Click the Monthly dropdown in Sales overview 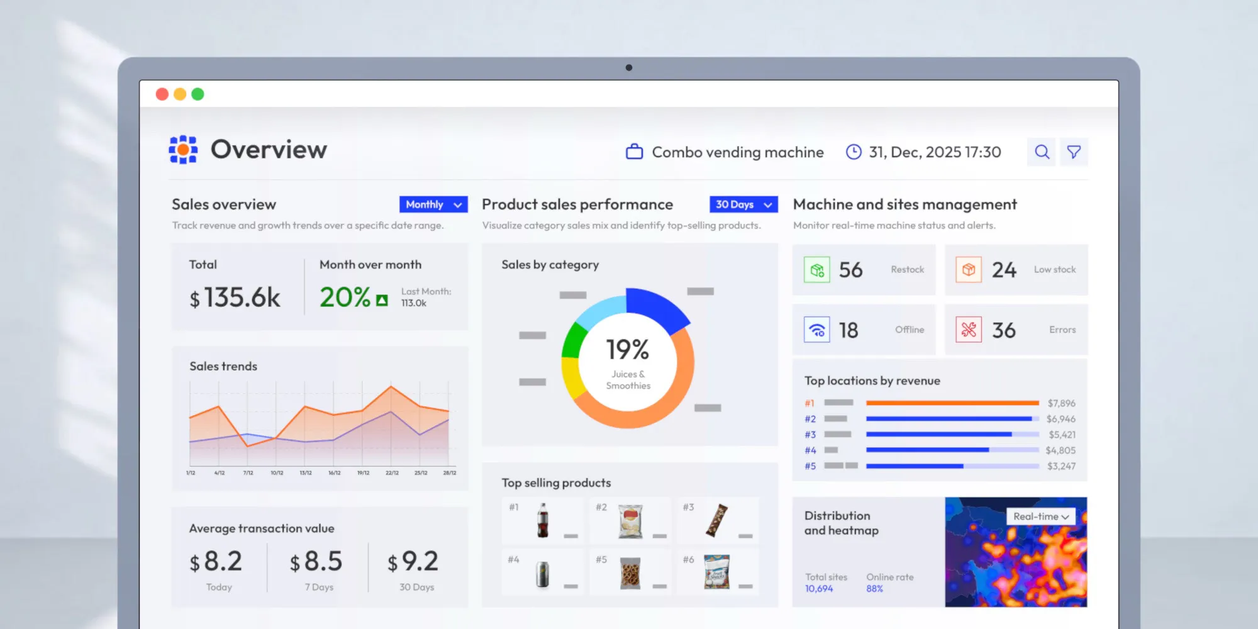click(x=433, y=204)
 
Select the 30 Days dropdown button click(x=743, y=204)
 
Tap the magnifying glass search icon click(x=1042, y=152)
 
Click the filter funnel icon click(x=1074, y=152)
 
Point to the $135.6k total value click(x=235, y=298)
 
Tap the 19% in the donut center click(x=627, y=350)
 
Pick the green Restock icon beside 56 click(x=816, y=270)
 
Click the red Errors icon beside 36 click(x=969, y=330)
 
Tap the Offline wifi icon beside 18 click(x=816, y=330)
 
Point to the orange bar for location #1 click(x=952, y=403)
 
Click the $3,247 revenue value click(x=1061, y=466)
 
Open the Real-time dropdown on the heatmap click(x=1041, y=516)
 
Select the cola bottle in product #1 click(x=543, y=520)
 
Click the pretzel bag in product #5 click(x=630, y=573)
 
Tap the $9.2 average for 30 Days click(x=413, y=561)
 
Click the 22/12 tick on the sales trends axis click(x=392, y=473)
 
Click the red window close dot click(x=162, y=94)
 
